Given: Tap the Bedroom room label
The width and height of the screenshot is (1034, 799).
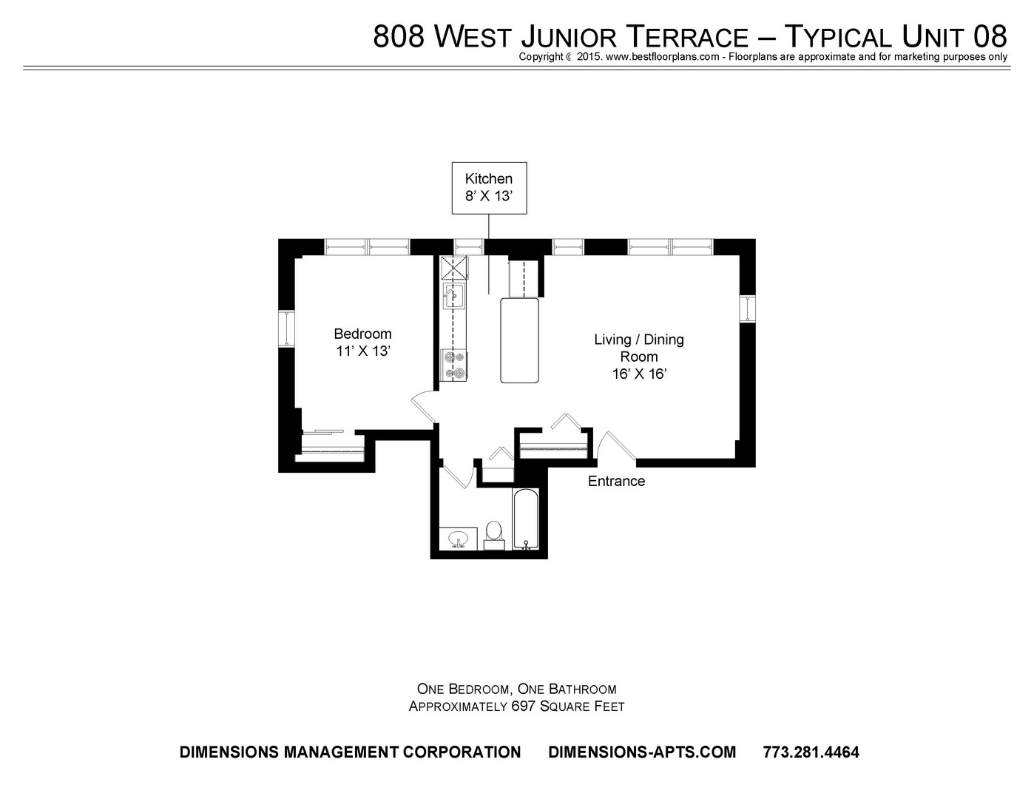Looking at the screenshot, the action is (362, 334).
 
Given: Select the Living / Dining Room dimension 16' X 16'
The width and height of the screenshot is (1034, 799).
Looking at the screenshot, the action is (638, 374).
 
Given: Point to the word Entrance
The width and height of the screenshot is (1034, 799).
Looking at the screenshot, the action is (616, 481).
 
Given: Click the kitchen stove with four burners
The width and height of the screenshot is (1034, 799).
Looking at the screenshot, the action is (453, 365).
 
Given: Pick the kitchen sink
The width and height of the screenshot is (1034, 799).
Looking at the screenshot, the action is (454, 295).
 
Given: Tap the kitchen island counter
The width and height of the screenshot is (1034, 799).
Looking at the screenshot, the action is (520, 341).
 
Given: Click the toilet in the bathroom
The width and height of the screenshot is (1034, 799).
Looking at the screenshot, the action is (494, 536).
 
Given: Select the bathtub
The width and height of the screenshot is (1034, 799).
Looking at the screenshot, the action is (526, 519).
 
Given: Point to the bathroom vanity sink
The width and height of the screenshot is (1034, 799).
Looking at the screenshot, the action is (459, 539).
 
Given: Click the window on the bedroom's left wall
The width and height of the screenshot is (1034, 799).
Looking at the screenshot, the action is (286, 328).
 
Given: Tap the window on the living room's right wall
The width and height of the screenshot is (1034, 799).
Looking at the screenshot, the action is (748, 309).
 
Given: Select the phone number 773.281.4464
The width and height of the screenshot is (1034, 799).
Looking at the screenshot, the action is (811, 752).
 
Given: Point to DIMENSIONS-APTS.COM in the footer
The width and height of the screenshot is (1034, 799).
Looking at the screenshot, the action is (642, 752).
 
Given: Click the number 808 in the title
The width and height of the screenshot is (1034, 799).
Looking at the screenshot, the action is (398, 36).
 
